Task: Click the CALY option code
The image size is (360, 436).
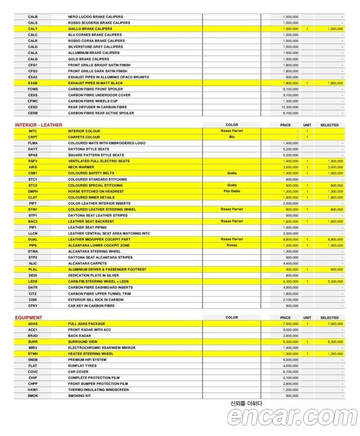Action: [x=33, y=29]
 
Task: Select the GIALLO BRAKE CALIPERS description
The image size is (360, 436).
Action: [x=90, y=29]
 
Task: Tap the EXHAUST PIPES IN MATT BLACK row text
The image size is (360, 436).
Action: [x=95, y=83]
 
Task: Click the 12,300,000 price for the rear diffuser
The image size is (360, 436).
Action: [x=290, y=107]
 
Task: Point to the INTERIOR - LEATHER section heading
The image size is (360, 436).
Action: [x=39, y=125]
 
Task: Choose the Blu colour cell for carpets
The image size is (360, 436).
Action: [x=232, y=137]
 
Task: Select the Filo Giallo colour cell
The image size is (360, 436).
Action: [x=232, y=191]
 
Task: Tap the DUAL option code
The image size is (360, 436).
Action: [x=33, y=239]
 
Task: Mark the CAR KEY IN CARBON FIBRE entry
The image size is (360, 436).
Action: [x=92, y=305]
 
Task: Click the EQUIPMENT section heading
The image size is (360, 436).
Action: [x=29, y=318]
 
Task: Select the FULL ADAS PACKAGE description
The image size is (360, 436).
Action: [x=87, y=324]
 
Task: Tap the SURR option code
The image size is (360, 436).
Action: [x=33, y=341]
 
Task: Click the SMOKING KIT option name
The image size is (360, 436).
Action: [x=80, y=395]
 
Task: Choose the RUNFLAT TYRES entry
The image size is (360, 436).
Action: [x=83, y=366]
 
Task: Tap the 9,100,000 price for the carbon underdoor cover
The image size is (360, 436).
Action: [x=290, y=95]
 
